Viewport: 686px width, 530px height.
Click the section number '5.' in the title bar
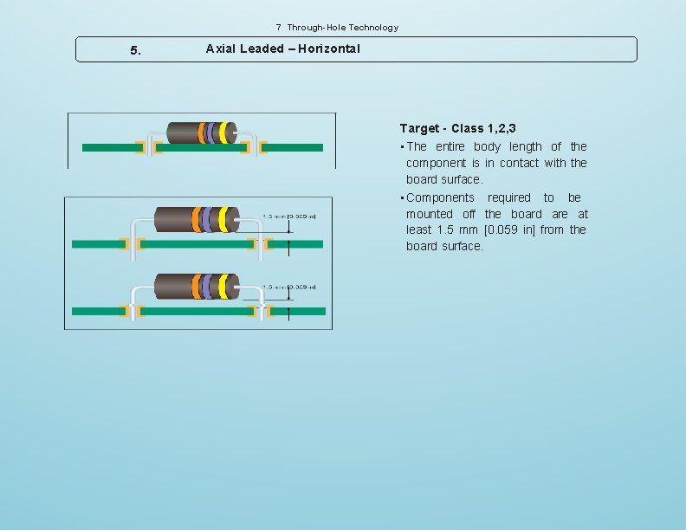135,50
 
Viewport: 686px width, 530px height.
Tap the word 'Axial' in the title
221,48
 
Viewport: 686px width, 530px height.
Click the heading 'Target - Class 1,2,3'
458,128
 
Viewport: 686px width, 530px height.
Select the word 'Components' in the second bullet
440,197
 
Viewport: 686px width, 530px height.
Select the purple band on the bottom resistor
208,285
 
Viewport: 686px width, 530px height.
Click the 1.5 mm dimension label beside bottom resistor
289,287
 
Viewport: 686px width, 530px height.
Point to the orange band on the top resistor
202,132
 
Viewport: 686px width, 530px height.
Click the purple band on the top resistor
212,132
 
